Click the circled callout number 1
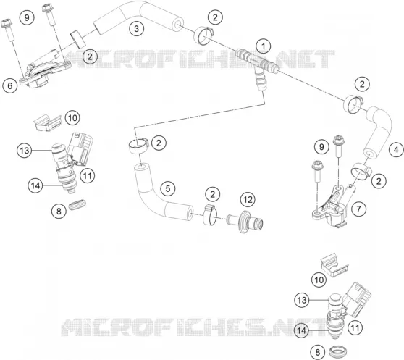[x=263, y=46]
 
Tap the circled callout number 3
[x=136, y=28]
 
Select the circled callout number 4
[x=396, y=150]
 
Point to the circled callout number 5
[x=168, y=188]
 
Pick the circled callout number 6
[x=10, y=85]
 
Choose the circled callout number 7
[x=358, y=209]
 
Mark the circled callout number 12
[x=248, y=200]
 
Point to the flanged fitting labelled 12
[x=245, y=222]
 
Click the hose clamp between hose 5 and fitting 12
[x=210, y=214]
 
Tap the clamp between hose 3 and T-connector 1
[x=203, y=35]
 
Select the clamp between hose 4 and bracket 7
[x=361, y=172]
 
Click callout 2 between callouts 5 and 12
[x=213, y=194]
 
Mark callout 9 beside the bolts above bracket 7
[x=321, y=147]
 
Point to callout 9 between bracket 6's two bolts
[x=27, y=18]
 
